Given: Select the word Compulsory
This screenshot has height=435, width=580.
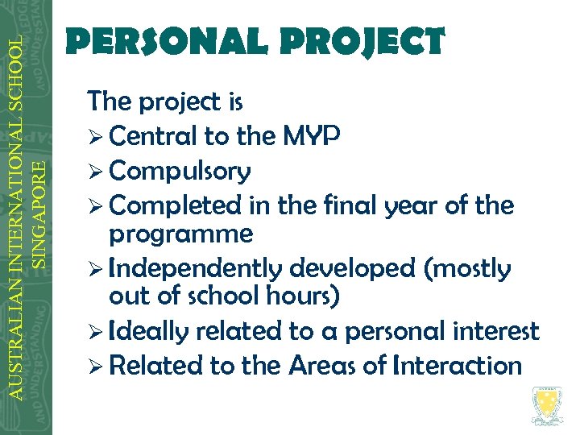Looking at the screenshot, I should [x=180, y=172].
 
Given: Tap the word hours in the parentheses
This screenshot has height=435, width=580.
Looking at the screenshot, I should [x=303, y=296].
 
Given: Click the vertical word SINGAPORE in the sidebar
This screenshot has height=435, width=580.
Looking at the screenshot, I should [x=37, y=213].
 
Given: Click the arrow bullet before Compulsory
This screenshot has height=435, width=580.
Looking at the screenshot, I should [x=96, y=172].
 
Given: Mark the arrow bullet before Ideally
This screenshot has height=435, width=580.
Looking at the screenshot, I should [x=96, y=331].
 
